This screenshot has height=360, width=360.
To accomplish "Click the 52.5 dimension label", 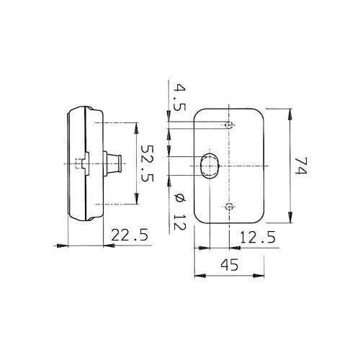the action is [x=147, y=163].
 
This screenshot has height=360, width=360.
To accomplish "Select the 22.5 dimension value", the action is [x=130, y=235].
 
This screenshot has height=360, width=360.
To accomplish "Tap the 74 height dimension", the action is [x=300, y=166].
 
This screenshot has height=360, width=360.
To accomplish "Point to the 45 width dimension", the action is [x=230, y=264].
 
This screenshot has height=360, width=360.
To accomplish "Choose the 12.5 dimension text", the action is [x=258, y=238].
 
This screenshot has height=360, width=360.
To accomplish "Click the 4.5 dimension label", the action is [x=179, y=97].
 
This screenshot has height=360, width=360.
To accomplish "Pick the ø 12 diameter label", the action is [x=179, y=212].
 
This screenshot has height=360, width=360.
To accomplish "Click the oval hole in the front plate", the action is [x=210, y=166].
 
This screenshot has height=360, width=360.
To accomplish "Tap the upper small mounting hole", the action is [x=229, y=125].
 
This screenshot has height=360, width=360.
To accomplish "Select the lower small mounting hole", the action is [x=229, y=206].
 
